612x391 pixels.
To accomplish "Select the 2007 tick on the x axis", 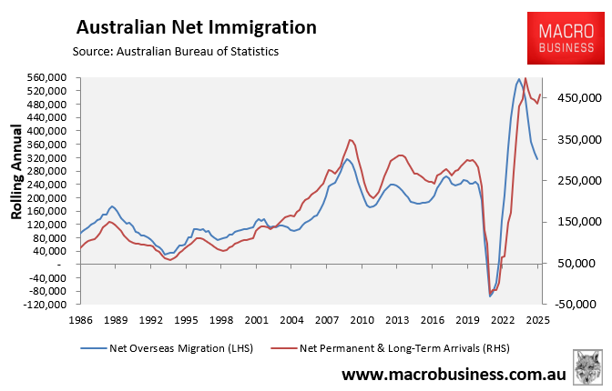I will pos(327,320).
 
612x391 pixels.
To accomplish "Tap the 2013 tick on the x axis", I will pos(397,320).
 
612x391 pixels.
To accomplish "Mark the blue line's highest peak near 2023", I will pos(518,79).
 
